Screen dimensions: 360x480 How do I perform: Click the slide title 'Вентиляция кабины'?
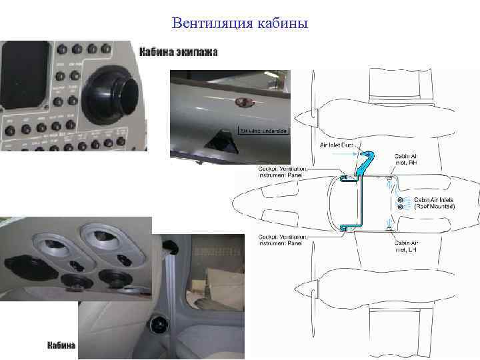point(239,24)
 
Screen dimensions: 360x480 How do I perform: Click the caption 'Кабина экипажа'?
point(178,51)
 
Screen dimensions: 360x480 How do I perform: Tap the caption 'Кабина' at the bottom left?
point(62,345)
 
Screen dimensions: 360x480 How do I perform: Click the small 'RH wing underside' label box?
point(263,131)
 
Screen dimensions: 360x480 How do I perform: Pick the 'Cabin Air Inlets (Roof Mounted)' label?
point(434,203)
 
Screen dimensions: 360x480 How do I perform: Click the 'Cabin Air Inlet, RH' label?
point(406,160)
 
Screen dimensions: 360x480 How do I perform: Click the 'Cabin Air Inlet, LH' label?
point(406,246)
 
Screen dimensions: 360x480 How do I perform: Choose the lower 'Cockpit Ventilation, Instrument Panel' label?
point(283,240)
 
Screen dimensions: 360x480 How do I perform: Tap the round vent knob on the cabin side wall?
point(159,325)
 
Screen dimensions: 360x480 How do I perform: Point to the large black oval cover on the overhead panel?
point(25,264)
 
